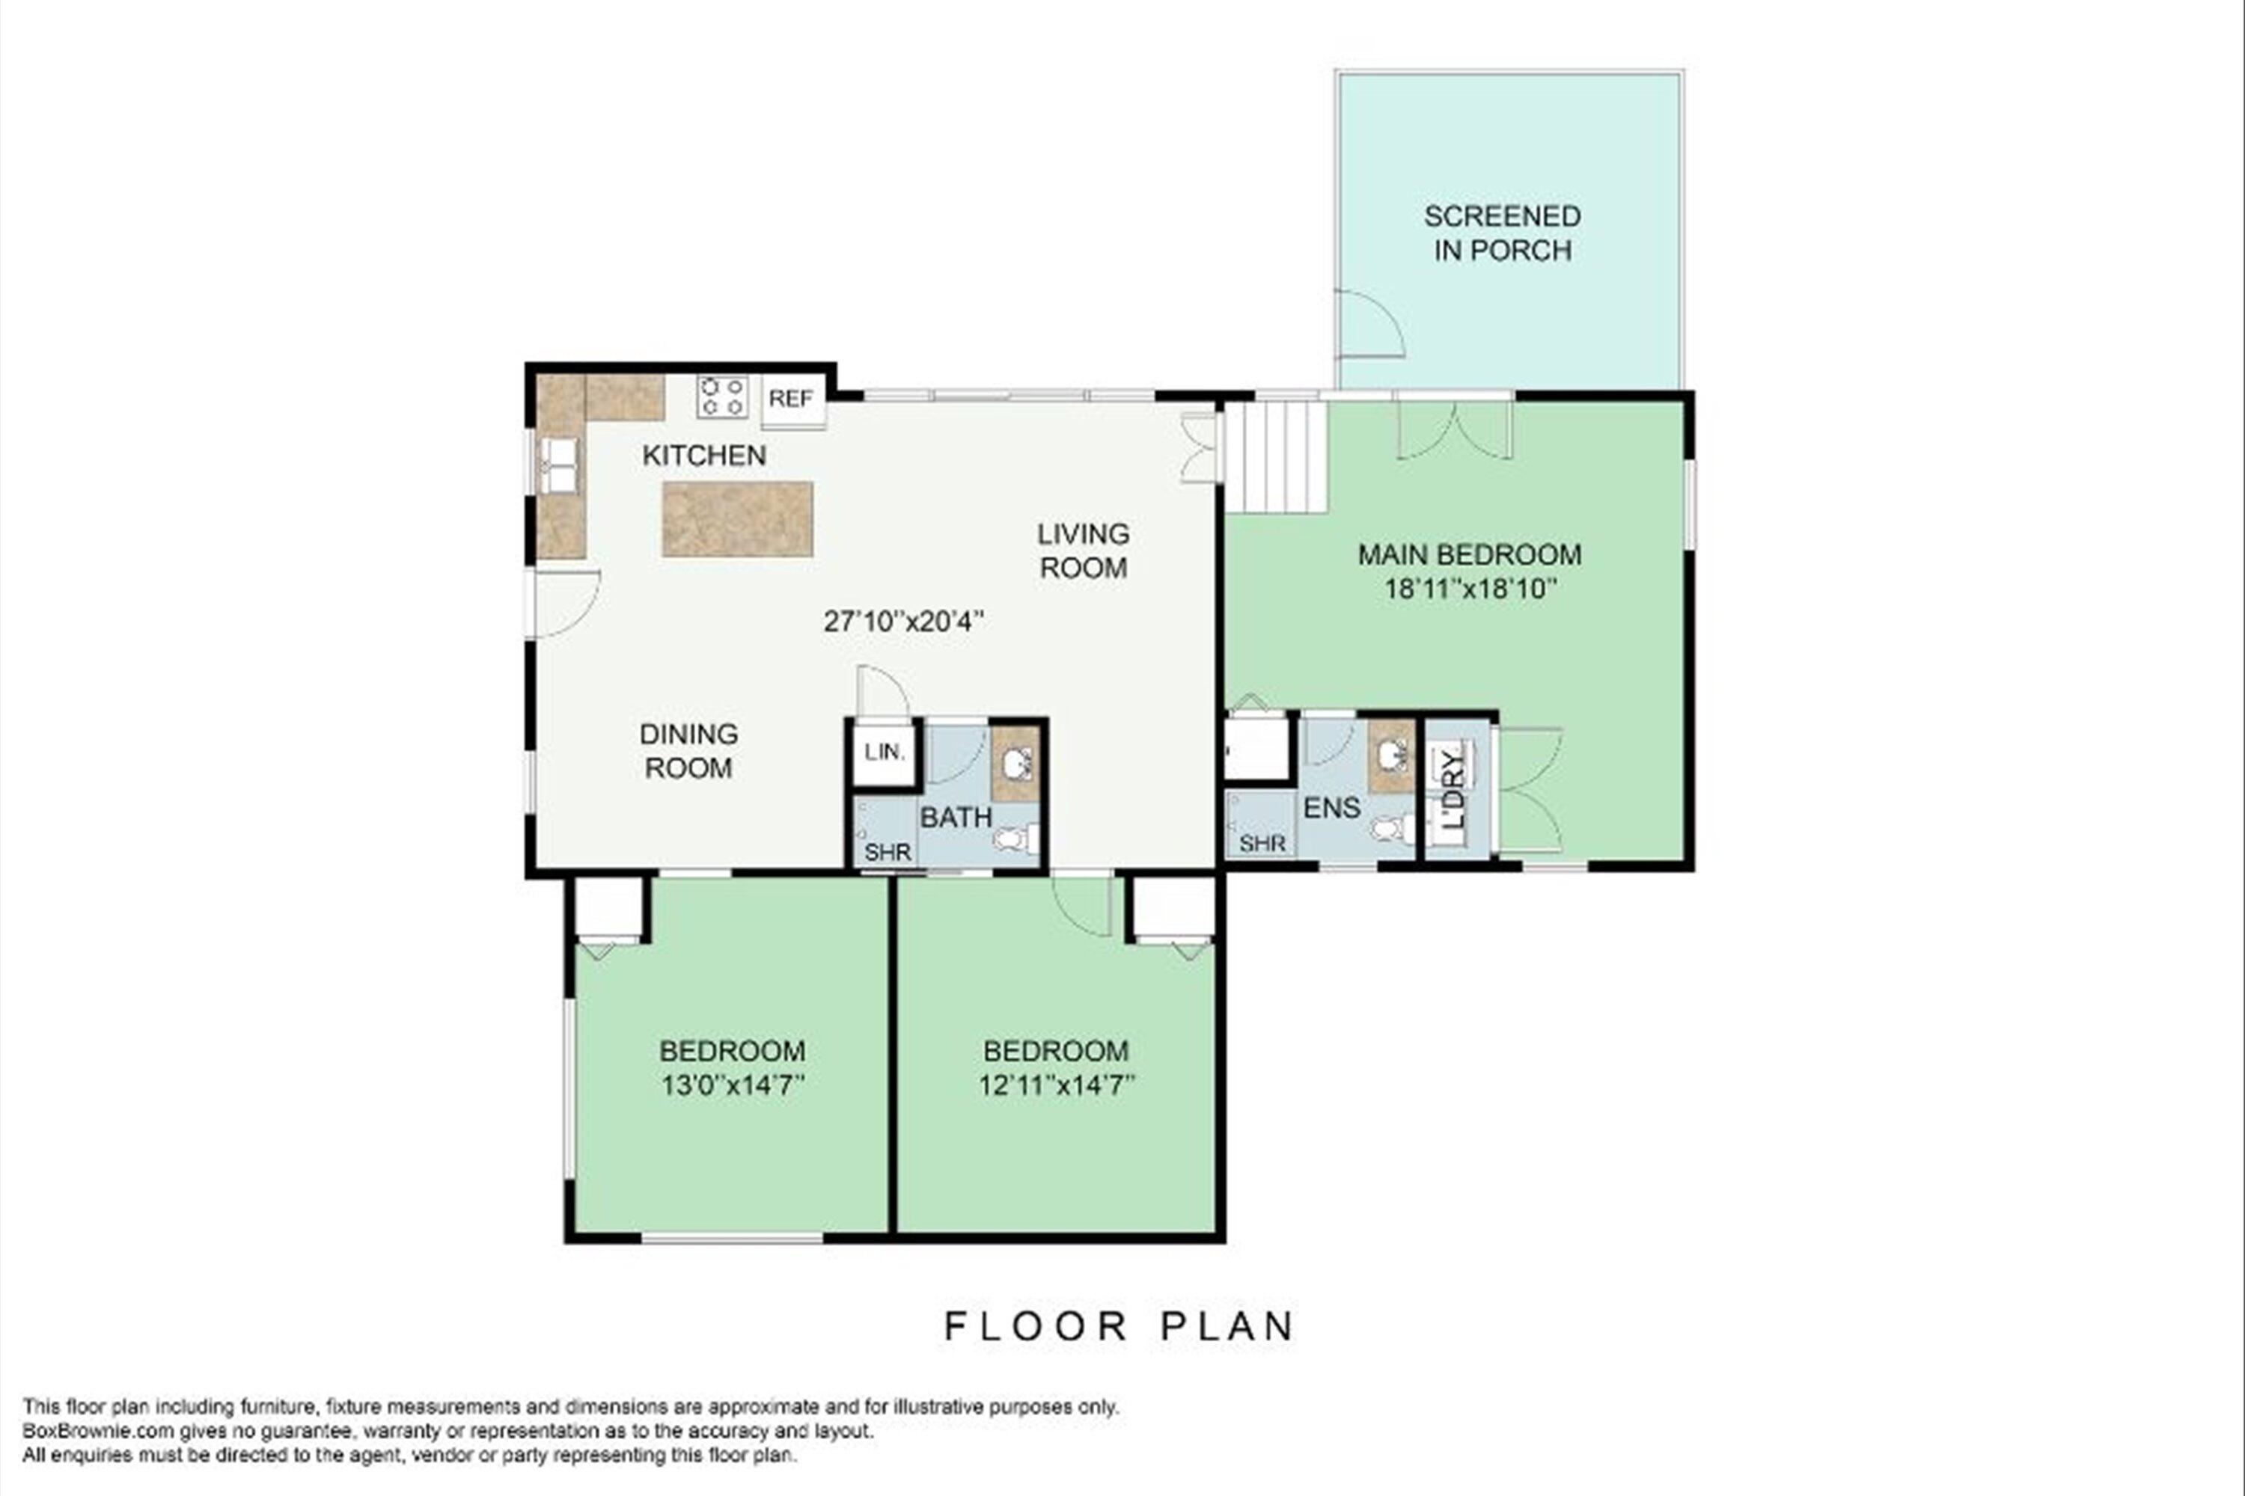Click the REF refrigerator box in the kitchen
pos(793,401)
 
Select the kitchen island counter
pos(738,519)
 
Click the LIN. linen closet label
pos(885,752)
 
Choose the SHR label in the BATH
pos(888,851)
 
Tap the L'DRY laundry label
pos(1453,790)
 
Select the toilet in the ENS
pos(1393,828)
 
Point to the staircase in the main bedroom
pos(1276,457)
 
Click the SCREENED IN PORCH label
pos(1503,233)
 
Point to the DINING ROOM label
pos(688,751)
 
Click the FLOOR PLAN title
pos(1120,1326)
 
